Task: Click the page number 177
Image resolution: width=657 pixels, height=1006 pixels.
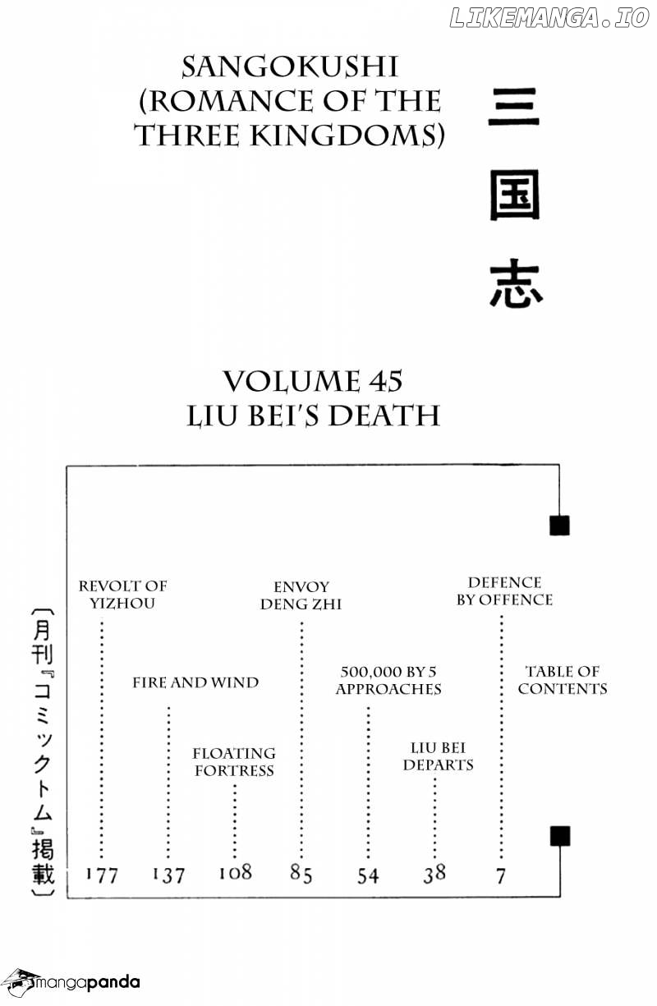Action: click(102, 875)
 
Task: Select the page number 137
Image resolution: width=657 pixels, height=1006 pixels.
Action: click(168, 875)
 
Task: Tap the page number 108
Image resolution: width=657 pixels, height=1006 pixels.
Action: click(235, 873)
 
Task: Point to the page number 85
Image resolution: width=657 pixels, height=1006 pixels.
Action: click(301, 874)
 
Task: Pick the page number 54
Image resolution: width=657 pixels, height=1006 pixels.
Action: click(368, 875)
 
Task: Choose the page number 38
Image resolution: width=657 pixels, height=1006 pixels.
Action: click(434, 874)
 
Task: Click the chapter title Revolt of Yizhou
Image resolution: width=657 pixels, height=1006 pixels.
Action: click(122, 595)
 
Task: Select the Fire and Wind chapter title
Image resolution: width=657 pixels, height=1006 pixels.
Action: click(195, 682)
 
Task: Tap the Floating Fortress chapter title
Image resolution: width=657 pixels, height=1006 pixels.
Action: click(234, 762)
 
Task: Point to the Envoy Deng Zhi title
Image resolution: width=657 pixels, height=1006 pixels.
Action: click(301, 595)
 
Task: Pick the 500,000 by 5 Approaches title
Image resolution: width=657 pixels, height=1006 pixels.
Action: click(388, 680)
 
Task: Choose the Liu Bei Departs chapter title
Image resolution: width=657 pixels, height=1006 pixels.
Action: click(438, 756)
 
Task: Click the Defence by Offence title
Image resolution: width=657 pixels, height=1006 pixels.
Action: click(504, 590)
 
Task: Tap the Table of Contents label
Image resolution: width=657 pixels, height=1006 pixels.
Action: click(563, 679)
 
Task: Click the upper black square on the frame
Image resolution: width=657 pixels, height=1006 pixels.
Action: click(559, 526)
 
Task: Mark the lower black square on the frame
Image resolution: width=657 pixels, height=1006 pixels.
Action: click(560, 836)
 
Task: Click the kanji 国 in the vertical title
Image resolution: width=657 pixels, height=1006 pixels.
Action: click(515, 195)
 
